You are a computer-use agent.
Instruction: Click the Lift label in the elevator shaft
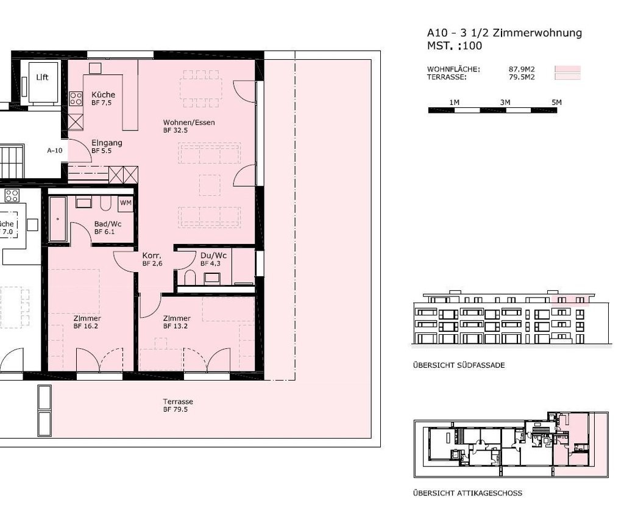[42, 77]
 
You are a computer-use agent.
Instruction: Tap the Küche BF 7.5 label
[103, 98]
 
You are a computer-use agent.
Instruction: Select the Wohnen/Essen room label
[189, 123]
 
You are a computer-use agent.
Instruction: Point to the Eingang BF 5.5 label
[107, 146]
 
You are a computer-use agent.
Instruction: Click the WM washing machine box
[126, 203]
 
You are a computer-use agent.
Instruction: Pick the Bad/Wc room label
[108, 224]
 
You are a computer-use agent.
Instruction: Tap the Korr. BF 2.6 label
[152, 259]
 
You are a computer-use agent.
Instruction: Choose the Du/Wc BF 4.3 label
[213, 259]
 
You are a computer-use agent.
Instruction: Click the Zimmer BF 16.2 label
[87, 322]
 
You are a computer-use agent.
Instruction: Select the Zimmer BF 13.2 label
[177, 322]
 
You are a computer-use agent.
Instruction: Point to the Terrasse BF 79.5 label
[178, 405]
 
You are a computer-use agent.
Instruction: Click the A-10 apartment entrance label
[55, 151]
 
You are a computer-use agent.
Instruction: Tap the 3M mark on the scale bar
[505, 102]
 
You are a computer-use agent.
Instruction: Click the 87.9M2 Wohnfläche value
[522, 70]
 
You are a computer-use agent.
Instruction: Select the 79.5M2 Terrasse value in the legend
[522, 77]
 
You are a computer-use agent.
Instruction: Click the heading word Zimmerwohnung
[537, 33]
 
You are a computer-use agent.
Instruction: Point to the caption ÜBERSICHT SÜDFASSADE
[459, 365]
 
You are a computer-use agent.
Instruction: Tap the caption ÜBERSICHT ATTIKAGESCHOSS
[467, 493]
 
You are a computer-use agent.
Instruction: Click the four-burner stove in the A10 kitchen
[76, 98]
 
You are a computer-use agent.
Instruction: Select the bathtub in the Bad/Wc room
[58, 219]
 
